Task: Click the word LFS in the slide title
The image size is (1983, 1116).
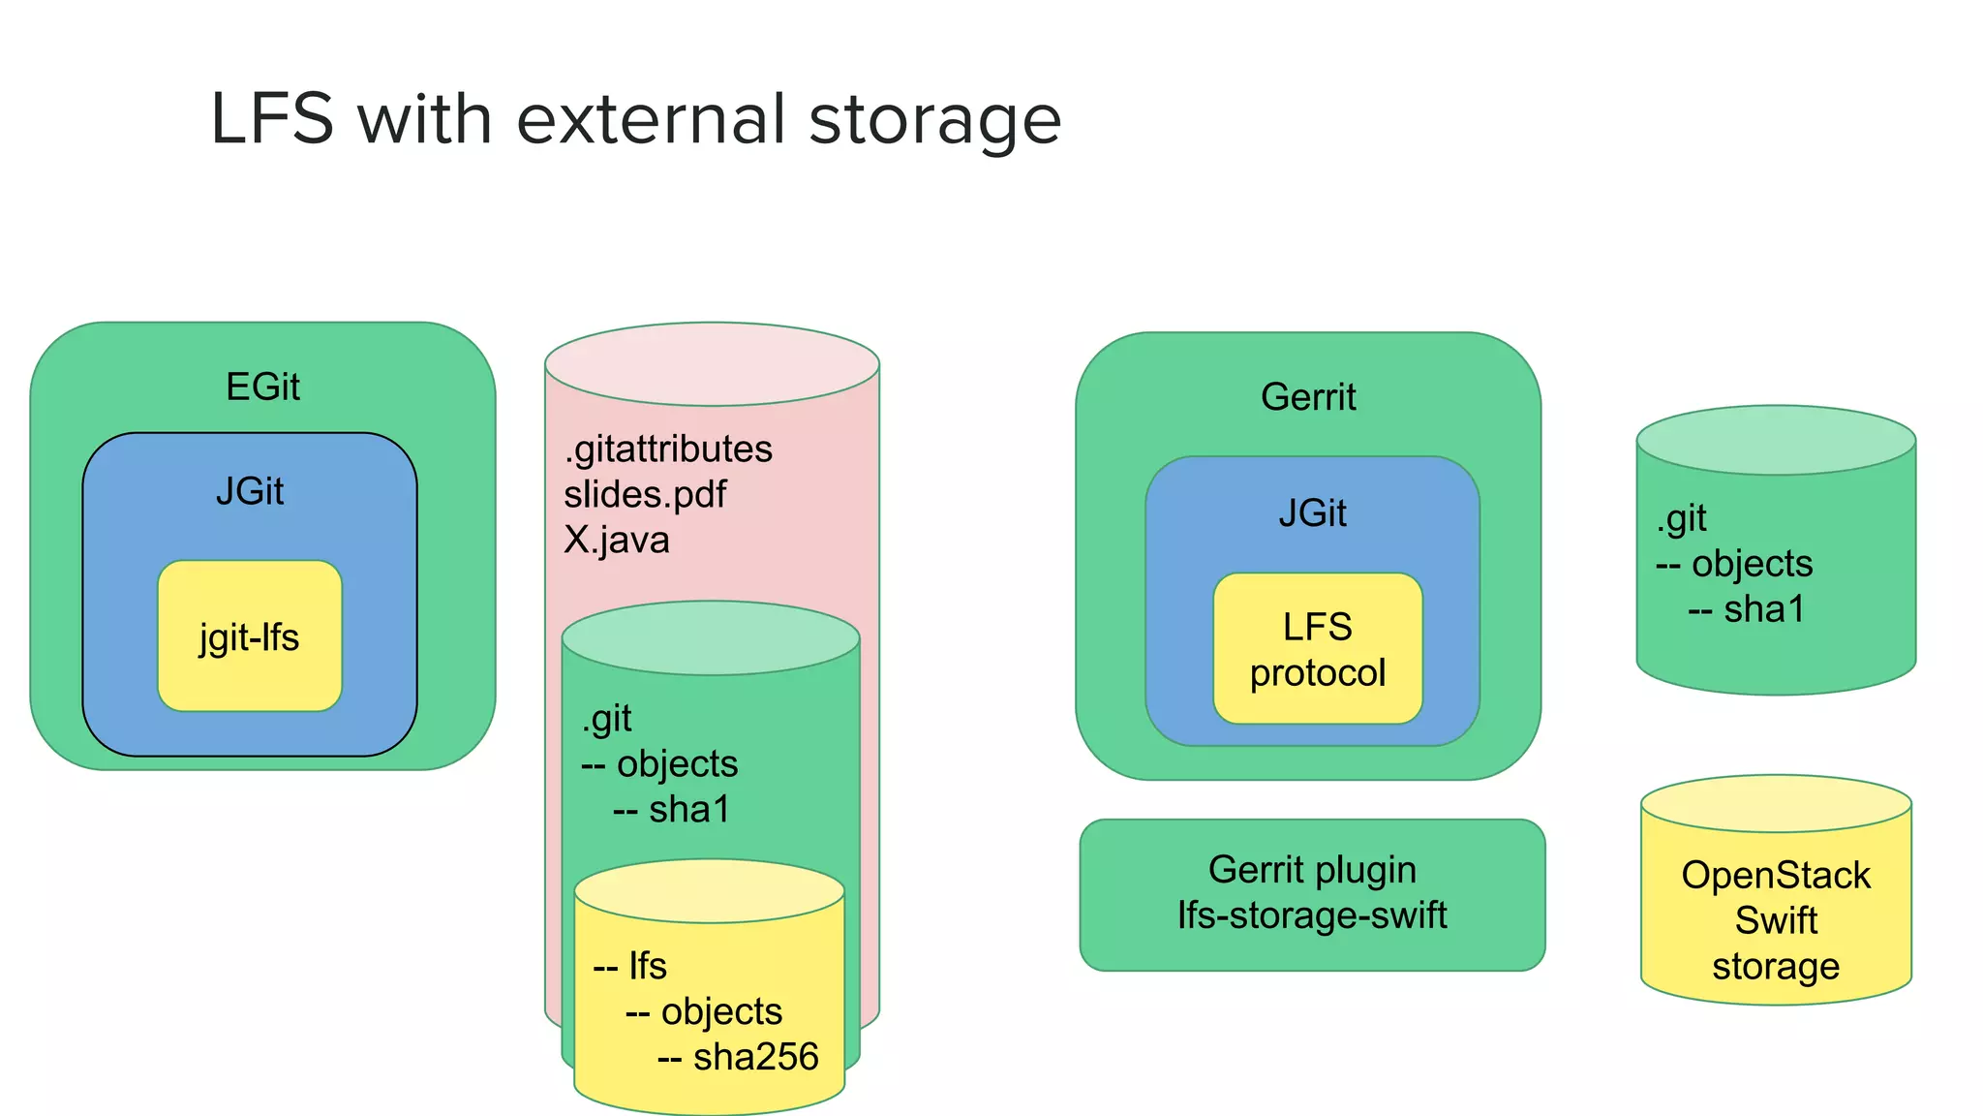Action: [x=272, y=120]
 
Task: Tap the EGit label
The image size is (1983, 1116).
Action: [x=262, y=387]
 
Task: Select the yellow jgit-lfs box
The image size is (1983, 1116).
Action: [x=250, y=636]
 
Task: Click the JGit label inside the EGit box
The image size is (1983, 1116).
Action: [x=250, y=492]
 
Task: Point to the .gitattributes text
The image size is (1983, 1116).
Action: [x=668, y=449]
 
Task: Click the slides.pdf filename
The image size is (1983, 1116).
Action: [x=645, y=495]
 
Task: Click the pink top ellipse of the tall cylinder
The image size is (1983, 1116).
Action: [x=712, y=364]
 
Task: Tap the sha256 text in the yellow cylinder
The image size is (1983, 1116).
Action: [x=755, y=1057]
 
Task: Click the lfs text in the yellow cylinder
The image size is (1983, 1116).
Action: [x=647, y=967]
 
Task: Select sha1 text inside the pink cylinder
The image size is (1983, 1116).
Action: [x=688, y=810]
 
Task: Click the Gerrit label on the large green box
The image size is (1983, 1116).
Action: [x=1308, y=397]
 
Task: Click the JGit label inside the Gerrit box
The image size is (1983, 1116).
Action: [x=1312, y=513]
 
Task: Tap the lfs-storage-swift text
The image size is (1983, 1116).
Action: [x=1312, y=915]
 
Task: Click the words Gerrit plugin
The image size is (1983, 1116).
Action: [x=1312, y=870]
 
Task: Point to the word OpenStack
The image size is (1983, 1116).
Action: [x=1776, y=876]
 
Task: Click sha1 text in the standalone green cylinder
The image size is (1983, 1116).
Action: [x=1764, y=609]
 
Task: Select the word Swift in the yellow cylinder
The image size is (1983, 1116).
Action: [x=1776, y=920]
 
